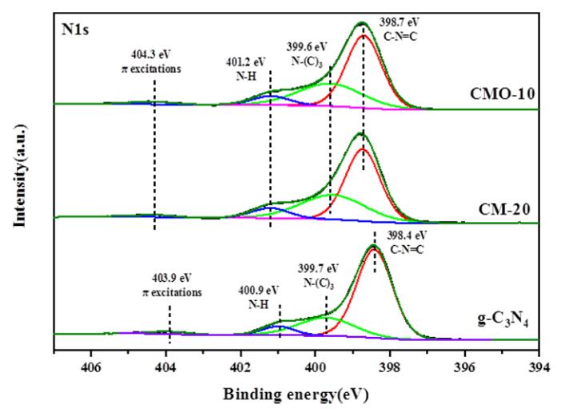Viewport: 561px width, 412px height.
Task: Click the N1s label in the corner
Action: pos(75,32)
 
